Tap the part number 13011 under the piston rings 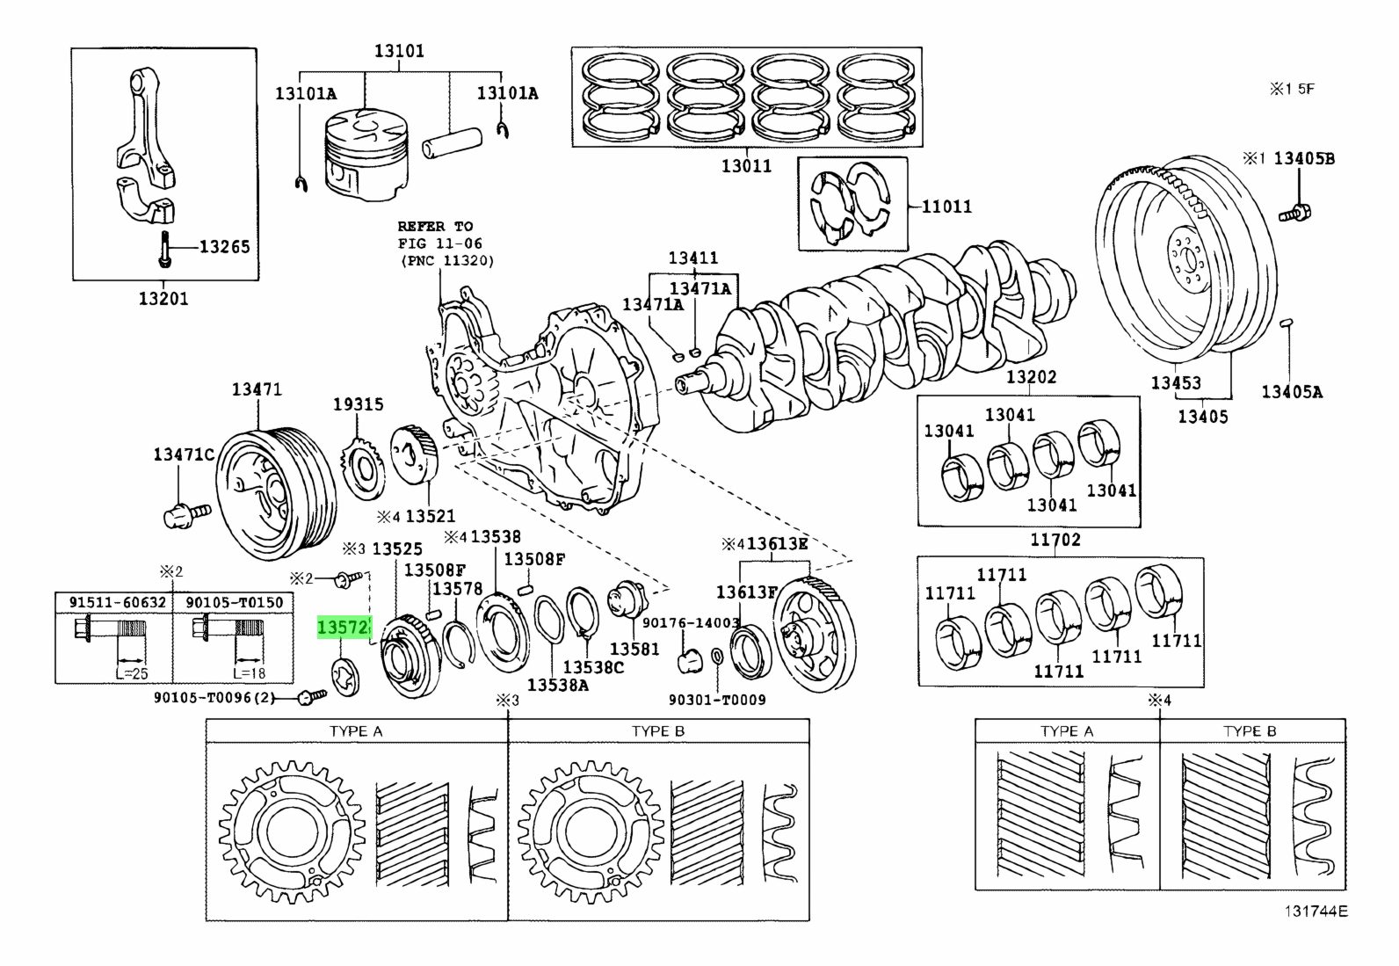pos(746,165)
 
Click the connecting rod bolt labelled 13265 pos(165,251)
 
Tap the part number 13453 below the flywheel pos(1177,382)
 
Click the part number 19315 pos(358,404)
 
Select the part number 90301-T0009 pos(716,700)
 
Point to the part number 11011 pos(946,207)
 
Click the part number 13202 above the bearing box pos(1031,377)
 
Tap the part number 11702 pos(1055,540)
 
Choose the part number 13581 pos(634,649)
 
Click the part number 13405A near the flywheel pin pos(1291,392)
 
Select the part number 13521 pos(430,516)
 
